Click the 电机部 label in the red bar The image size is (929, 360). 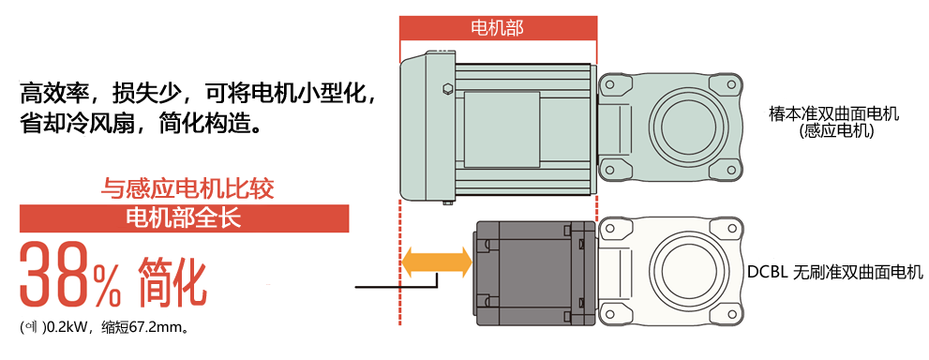tap(497, 27)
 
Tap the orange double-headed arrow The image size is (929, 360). tap(436, 262)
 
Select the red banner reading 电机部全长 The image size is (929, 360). tap(184, 218)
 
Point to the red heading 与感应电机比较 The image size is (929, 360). tap(187, 188)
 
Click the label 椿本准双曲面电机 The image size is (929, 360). tap(832, 114)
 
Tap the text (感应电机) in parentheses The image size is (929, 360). tap(832, 132)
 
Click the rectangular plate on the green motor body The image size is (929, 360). tap(502, 116)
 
